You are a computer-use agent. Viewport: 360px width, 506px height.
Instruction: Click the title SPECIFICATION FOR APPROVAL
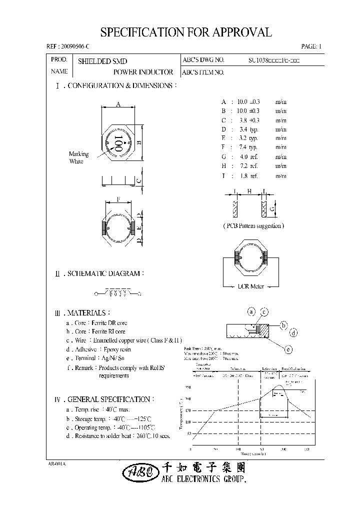pos(186,32)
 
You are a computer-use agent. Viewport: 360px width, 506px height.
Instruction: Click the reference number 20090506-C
pos(67,46)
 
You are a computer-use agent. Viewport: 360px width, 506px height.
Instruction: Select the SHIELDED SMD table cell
pos(102,60)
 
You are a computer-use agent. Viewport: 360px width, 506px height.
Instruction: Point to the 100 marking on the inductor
pos(118,143)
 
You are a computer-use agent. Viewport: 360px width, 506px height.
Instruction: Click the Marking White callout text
pos(78,157)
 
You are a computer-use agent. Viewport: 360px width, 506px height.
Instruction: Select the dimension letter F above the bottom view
pos(118,199)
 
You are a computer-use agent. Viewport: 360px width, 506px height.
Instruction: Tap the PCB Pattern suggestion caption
pos(253,225)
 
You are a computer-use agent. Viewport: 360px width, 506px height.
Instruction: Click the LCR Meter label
pos(251,286)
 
